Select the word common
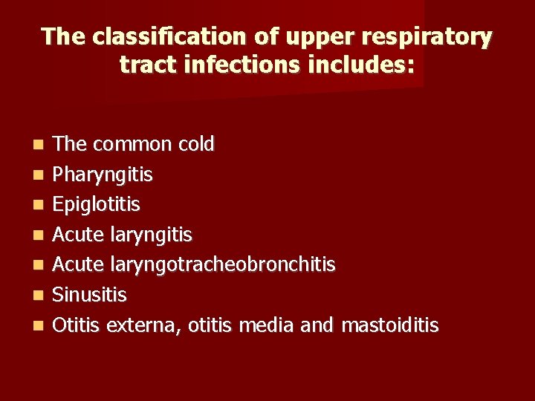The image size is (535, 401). (x=129, y=144)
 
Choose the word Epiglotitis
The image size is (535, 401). (x=97, y=204)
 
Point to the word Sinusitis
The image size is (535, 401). (x=90, y=295)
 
